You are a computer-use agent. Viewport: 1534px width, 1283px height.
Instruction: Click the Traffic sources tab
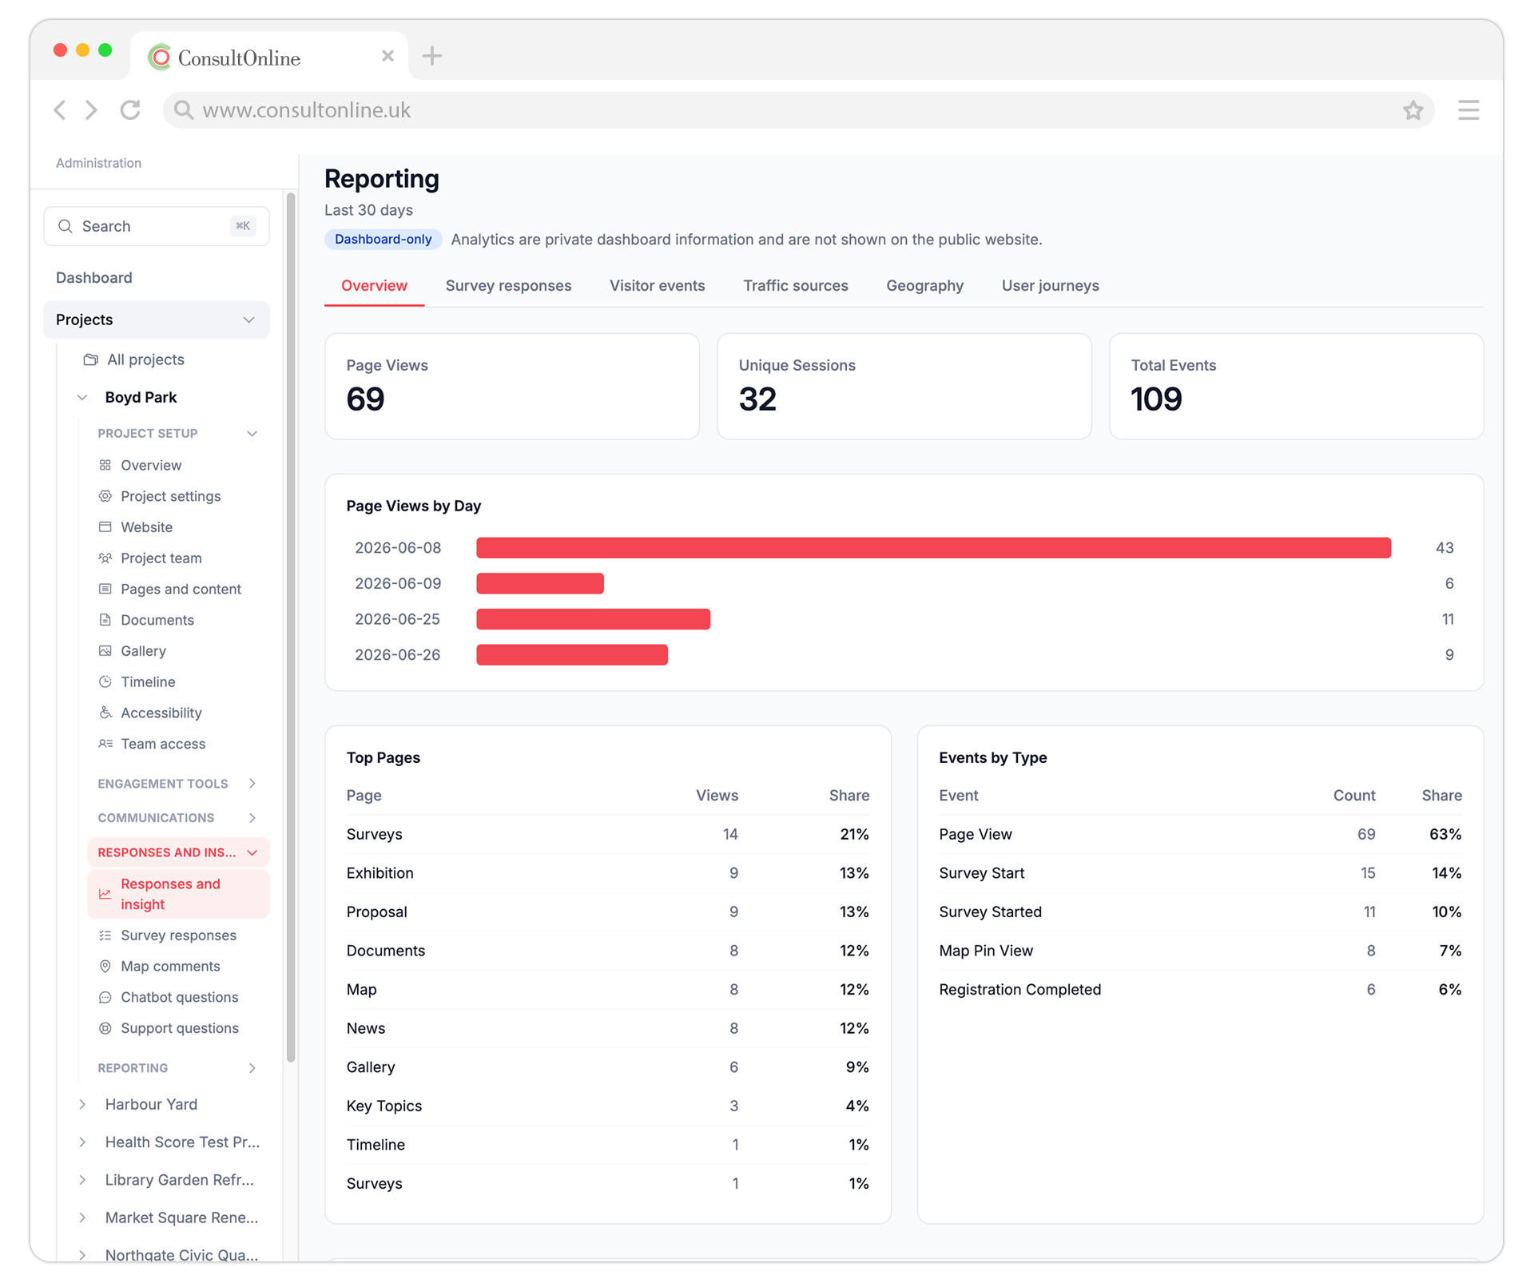(795, 285)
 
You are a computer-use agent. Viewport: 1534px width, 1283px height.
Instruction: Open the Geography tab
(924, 285)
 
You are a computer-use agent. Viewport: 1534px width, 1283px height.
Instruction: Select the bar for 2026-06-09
(540, 583)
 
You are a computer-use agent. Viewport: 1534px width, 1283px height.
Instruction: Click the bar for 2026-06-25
(593, 619)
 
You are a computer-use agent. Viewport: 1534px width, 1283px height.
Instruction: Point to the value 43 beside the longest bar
(1444, 548)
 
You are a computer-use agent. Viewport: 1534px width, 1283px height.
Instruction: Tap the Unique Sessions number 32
(757, 399)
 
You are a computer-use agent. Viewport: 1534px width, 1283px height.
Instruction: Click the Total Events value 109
(1155, 399)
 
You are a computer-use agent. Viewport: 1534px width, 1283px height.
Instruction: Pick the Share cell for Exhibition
(853, 873)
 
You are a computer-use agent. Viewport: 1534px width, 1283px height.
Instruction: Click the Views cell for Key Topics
(733, 1106)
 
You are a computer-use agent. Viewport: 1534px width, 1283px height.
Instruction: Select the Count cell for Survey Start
(1368, 873)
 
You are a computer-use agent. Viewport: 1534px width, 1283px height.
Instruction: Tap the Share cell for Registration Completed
(1449, 989)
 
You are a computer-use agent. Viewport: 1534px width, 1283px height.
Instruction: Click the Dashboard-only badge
(383, 239)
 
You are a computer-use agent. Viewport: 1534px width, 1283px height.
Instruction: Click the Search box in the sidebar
(157, 226)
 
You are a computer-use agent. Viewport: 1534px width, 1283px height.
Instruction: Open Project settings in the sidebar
(170, 496)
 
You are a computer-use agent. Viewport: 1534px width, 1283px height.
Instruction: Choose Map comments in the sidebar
(170, 966)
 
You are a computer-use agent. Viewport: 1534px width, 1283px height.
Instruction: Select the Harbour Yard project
(151, 1104)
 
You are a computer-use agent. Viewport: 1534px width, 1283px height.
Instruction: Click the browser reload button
(130, 109)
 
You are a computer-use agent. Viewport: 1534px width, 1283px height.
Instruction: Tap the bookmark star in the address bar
(1413, 110)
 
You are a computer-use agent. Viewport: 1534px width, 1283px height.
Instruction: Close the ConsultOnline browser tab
(387, 56)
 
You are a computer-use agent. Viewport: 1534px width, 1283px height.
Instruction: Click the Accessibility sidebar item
(161, 713)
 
